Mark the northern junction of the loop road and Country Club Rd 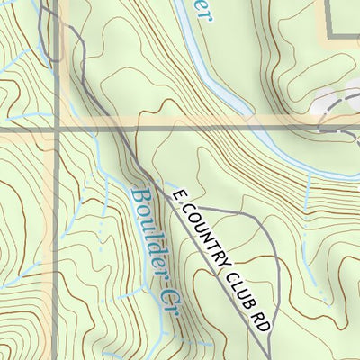pyautogui.click(x=196, y=210)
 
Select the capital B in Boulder pyautogui.click(x=138, y=197)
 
